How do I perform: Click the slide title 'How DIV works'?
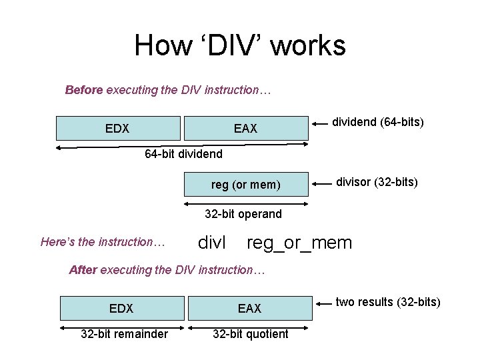pos(240,46)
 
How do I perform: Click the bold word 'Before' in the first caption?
pos(83,89)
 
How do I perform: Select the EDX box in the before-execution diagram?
pos(117,128)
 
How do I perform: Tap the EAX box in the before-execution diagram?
pos(245,128)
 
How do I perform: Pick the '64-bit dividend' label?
pos(184,155)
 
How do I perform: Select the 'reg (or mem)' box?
pos(245,185)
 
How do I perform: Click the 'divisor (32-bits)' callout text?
pos(377,181)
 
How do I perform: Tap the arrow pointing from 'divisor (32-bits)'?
pos(321,182)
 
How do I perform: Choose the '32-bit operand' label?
pos(243,214)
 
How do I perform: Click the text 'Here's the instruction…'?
pos(103,242)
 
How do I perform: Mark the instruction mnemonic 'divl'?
pos(213,243)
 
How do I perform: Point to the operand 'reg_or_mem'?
pos(299,243)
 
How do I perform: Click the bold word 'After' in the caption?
pos(83,270)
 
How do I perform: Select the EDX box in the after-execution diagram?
pos(121,308)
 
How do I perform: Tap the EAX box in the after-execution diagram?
pos(249,308)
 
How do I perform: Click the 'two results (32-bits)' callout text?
pos(388,302)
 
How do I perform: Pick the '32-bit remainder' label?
pos(124,334)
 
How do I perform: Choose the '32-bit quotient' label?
pos(251,334)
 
